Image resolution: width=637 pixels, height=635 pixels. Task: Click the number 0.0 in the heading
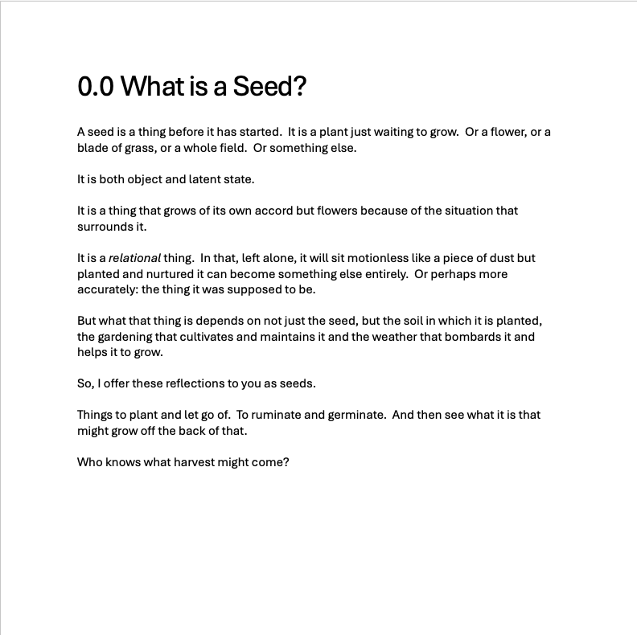coord(96,86)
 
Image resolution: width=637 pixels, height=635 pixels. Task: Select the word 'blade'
coord(92,148)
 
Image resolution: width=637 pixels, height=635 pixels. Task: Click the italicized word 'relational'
coord(134,258)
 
